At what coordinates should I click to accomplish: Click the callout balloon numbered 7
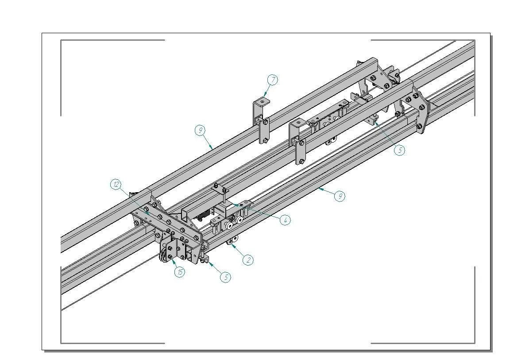(273, 80)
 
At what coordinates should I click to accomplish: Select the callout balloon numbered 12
(116, 184)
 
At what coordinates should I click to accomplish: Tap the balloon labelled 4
(286, 220)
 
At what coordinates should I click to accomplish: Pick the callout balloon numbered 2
(248, 260)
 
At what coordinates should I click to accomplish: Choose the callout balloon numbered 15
(180, 272)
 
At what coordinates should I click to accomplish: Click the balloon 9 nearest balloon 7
(201, 130)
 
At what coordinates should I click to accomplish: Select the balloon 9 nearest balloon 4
(340, 196)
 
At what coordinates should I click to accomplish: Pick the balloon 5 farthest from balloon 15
(400, 150)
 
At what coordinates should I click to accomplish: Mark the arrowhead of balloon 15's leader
(169, 256)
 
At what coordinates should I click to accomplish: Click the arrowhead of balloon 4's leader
(235, 205)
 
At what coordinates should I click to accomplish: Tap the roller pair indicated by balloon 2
(232, 240)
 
